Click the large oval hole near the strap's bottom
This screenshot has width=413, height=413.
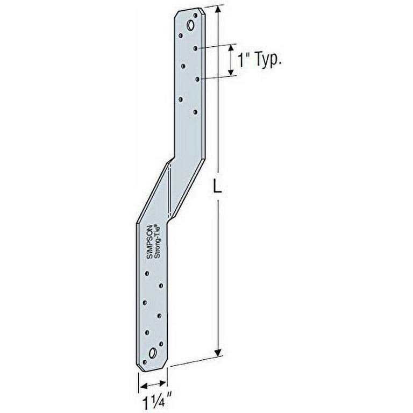pos(153,353)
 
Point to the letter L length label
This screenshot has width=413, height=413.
pos(218,186)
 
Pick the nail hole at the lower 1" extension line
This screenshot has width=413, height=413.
pos(197,79)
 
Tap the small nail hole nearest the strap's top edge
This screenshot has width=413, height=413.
pos(181,35)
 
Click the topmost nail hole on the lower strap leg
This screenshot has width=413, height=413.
pos(147,273)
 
